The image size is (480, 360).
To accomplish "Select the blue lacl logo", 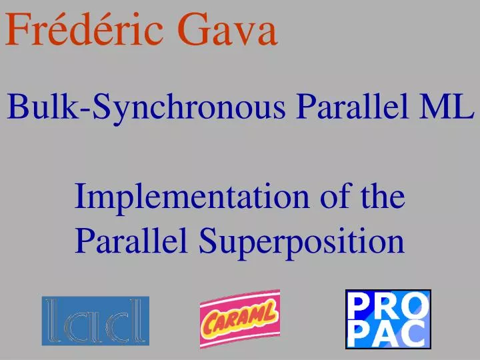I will click(95, 321).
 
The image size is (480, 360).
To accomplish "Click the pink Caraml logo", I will click(240, 320).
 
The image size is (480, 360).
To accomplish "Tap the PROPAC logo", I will click(388, 319).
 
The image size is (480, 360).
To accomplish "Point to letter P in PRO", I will click(361, 305).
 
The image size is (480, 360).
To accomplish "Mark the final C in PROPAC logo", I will click(415, 333).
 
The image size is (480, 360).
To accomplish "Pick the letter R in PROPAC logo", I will click(388, 305).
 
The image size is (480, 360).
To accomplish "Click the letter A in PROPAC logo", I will click(387, 333).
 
